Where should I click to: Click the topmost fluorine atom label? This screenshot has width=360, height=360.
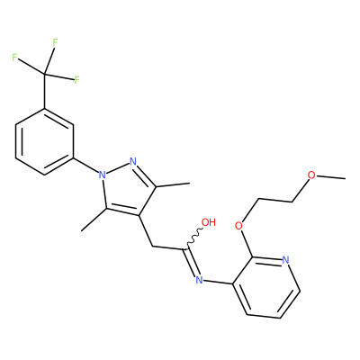[55, 42]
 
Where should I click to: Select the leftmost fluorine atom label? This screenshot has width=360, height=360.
[14, 58]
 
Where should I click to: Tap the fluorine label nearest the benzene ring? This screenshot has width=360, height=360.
[76, 80]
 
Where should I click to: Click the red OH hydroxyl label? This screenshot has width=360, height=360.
[209, 222]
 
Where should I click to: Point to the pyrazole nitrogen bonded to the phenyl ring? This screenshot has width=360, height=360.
[102, 175]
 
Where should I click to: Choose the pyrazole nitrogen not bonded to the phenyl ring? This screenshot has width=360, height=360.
[133, 162]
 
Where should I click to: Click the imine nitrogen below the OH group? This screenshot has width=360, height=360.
[199, 280]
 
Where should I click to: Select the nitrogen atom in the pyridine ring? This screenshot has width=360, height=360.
[286, 260]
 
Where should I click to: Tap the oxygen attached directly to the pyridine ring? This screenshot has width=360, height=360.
[238, 226]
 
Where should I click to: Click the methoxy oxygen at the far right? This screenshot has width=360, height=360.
[311, 175]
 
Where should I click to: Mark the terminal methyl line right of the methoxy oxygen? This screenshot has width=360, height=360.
[331, 177]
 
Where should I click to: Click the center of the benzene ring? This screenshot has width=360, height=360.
[45, 141]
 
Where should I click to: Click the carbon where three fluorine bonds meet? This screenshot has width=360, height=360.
[45, 73]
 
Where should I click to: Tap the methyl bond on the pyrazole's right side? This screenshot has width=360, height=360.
[173, 184]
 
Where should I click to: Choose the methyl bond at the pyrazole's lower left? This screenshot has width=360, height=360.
[94, 220]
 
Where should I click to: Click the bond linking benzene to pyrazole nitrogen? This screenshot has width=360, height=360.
[85, 165]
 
